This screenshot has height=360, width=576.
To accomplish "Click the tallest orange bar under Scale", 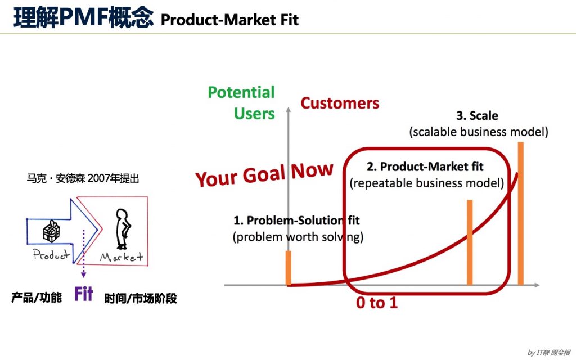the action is pos(520,213).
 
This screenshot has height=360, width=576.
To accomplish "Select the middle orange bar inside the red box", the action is pos(470,242).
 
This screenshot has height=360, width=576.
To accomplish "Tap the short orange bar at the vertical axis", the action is pos(289,268).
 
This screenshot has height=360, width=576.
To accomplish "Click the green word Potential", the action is pos(241,92).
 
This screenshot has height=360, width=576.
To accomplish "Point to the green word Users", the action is pos(254,114).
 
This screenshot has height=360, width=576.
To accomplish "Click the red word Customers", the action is pos(340,103).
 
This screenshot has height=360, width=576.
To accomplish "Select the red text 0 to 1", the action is pos(377,303).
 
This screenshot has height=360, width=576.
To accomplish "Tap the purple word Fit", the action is pos(84,294).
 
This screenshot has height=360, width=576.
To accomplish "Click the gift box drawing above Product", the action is pos(51,231).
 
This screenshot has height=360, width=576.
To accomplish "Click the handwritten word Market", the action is pos(121,256).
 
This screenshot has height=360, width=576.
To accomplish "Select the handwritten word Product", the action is pos(51,254).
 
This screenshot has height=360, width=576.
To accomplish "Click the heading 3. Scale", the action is pos(477,116).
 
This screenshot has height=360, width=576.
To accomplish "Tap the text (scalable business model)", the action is pos(479,132).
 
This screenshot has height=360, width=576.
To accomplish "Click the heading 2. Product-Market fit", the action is pos(425,166).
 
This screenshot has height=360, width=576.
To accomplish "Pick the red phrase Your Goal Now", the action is pos(264,174).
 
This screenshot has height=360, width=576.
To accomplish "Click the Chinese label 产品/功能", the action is pos(37,297).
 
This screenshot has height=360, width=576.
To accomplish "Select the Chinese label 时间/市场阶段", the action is pos(141,298).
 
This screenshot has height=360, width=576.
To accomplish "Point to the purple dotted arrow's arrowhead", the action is pos(83,274).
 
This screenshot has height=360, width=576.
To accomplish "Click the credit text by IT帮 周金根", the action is pos(549,353).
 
